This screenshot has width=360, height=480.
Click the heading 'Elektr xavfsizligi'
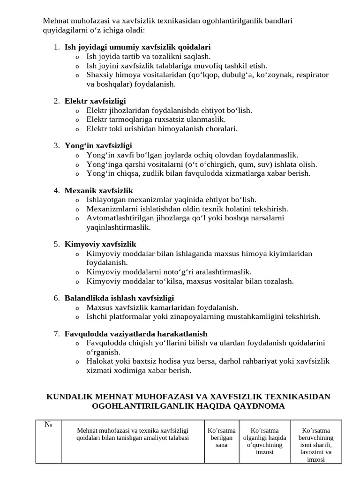95,101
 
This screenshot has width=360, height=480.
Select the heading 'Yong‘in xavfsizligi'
98,146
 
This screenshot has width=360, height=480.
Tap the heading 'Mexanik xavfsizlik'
99,191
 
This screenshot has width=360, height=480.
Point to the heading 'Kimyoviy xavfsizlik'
100,244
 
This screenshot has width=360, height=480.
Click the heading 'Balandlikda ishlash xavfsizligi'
119,298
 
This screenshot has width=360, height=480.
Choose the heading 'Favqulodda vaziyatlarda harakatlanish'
136,334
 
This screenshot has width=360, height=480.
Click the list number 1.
56,47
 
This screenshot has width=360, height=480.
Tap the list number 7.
56,334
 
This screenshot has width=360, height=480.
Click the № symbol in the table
48,425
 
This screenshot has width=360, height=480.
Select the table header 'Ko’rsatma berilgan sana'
221,437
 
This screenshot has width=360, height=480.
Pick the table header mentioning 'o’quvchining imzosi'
265,441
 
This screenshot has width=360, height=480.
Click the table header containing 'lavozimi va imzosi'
316,445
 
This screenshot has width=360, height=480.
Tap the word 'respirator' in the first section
312,75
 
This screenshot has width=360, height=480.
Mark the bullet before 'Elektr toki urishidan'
77,129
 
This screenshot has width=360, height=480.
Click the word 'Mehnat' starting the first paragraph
55,21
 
